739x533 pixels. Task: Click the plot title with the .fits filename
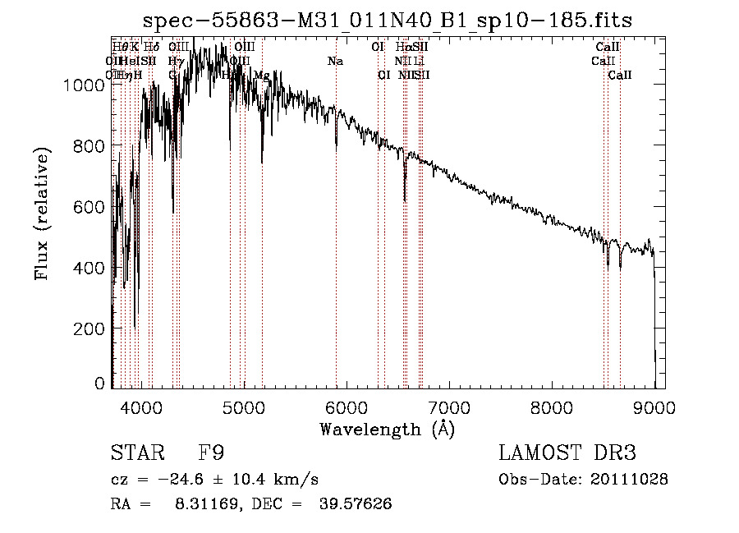click(x=388, y=20)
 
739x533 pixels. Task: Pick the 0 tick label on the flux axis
click(x=100, y=383)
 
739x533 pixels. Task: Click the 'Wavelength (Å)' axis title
click(x=387, y=429)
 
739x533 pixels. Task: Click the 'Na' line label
click(x=335, y=62)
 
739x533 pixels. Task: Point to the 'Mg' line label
click(x=262, y=76)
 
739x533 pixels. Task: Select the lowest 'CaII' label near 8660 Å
click(x=620, y=76)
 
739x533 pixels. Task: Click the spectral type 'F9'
click(x=213, y=453)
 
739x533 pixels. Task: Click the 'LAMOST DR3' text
click(x=567, y=453)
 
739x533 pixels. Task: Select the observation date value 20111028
click(x=629, y=479)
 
